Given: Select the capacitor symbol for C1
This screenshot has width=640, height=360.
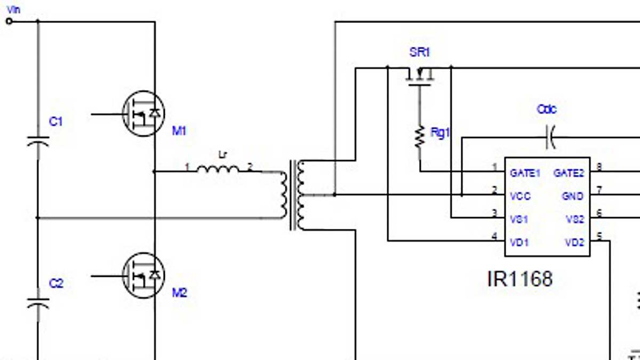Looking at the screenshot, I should [38, 141].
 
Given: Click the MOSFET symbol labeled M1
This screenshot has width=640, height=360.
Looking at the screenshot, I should [143, 114].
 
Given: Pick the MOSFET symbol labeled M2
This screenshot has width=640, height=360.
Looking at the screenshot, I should [143, 276].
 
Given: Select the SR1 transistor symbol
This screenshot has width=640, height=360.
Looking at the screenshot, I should [419, 75].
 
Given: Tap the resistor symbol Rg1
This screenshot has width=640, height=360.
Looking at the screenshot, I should [420, 137].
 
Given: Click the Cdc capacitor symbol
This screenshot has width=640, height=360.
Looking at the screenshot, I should [550, 138].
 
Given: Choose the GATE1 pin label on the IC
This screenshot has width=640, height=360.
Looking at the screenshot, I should [525, 173].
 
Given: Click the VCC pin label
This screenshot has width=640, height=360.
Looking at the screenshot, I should [520, 196].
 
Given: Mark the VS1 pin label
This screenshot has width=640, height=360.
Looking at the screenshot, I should [518, 219].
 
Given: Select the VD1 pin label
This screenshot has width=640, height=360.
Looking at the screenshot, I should [519, 242].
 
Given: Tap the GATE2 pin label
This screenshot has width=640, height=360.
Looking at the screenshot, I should [569, 173].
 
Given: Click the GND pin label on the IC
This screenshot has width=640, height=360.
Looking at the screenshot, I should [573, 196].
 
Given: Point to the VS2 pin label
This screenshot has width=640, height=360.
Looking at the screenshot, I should [575, 219].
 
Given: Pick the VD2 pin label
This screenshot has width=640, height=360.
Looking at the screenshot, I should [574, 242].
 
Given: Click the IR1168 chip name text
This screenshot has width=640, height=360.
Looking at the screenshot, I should [519, 278].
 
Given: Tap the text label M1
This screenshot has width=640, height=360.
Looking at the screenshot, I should [179, 131].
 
